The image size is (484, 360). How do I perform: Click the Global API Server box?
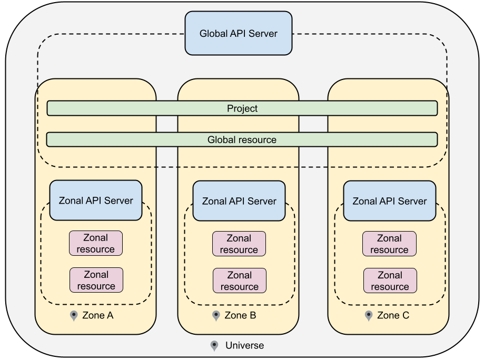(x=238, y=33)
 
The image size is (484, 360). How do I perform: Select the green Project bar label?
(x=242, y=108)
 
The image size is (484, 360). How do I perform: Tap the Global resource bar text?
(x=242, y=140)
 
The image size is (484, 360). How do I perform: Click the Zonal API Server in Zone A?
(x=96, y=200)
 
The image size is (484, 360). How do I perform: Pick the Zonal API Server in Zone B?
(x=239, y=201)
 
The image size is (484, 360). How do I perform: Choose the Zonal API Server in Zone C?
(x=390, y=201)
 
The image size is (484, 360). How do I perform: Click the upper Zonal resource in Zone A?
(x=96, y=243)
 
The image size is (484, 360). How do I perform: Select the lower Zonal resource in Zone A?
(x=96, y=280)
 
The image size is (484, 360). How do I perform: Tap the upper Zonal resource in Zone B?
(x=239, y=244)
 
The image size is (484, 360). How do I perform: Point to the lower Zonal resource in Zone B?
(x=239, y=281)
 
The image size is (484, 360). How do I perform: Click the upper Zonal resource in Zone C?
(x=389, y=244)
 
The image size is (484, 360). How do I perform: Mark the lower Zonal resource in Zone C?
(x=390, y=281)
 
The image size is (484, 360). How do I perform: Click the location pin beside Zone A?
(x=74, y=316)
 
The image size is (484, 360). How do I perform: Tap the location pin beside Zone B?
(x=216, y=316)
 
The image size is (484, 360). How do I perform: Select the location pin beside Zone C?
(x=369, y=316)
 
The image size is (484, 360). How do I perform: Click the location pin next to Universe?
(x=214, y=346)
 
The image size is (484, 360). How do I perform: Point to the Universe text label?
(x=244, y=346)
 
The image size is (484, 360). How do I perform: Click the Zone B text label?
(x=240, y=316)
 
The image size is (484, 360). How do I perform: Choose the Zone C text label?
(x=393, y=316)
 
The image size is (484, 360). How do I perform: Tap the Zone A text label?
(x=98, y=316)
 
